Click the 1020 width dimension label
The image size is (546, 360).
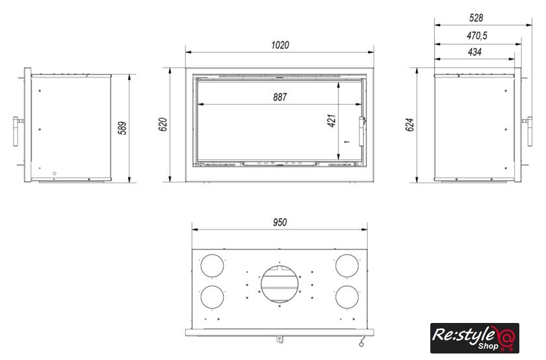pyautogui.click(x=280, y=45)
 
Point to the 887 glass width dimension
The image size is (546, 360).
pyautogui.click(x=280, y=97)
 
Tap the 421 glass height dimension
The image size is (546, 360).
pyautogui.click(x=331, y=120)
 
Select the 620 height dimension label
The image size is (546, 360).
pyautogui.click(x=162, y=125)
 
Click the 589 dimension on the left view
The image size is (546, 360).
pyautogui.click(x=122, y=128)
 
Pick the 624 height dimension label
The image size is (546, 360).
pyautogui.click(x=410, y=125)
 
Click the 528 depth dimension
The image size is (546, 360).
pyautogui.click(x=476, y=18)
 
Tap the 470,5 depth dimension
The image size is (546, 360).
pyautogui.click(x=477, y=36)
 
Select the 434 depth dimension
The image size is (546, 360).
pyautogui.click(x=474, y=52)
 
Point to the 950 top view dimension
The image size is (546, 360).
pyautogui.click(x=280, y=222)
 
